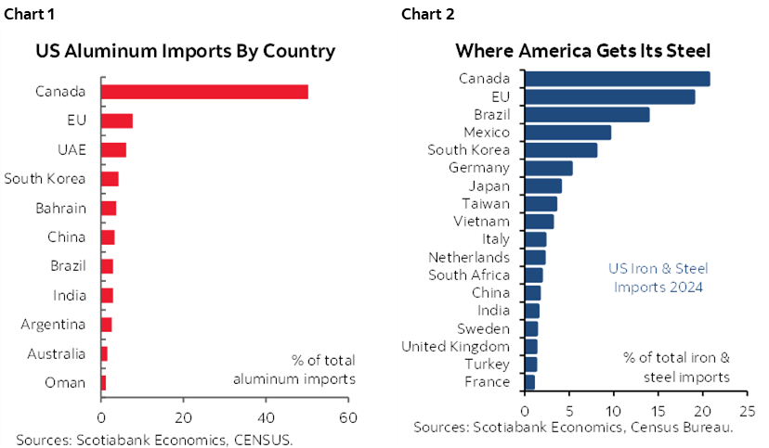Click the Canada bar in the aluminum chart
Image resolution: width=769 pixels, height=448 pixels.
pos(204,91)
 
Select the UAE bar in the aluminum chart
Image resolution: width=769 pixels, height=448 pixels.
pos(113,149)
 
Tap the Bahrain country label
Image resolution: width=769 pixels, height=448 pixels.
pos(61,208)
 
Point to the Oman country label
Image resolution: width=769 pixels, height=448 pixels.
pos(67,382)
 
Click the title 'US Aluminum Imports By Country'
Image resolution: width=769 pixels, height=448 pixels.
pos(185,50)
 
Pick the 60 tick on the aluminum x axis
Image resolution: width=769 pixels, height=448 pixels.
pos(348,417)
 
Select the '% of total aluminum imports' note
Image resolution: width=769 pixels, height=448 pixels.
pos(293,369)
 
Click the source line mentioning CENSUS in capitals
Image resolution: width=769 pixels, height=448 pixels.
pos(154,439)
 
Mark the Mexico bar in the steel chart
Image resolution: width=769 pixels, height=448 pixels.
pos(567,132)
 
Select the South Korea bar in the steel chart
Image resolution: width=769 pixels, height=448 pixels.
pos(561,149)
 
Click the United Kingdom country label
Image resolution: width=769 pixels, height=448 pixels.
pos(455,346)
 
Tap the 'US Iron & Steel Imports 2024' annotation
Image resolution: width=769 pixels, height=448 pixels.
pos(658,277)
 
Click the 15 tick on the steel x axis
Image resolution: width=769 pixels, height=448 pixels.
pos(658,409)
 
